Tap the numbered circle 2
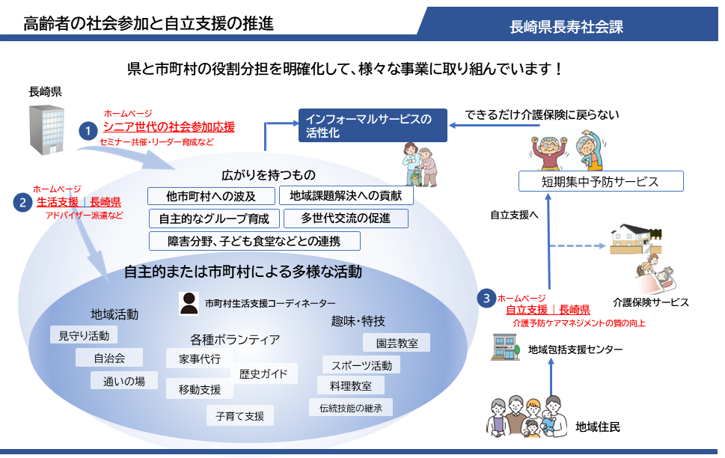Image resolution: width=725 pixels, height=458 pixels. (x=23, y=202)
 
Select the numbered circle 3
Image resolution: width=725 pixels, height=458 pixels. (x=487, y=298)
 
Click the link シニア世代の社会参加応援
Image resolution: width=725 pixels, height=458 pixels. (x=168, y=126)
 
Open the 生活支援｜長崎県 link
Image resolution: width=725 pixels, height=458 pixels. (x=79, y=202)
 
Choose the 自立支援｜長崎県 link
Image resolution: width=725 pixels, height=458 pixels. (x=548, y=310)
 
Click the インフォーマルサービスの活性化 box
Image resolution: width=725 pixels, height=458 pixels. (x=372, y=125)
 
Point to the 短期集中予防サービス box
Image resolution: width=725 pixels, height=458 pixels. (x=601, y=181)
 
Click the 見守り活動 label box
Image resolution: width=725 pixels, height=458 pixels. (x=84, y=335)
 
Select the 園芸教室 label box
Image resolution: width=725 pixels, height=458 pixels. (x=396, y=343)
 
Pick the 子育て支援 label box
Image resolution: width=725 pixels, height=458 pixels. (x=239, y=415)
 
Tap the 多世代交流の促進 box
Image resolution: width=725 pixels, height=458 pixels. (x=345, y=219)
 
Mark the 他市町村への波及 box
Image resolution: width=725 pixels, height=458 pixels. (x=211, y=197)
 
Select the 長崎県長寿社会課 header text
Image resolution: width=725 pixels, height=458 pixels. (x=566, y=27)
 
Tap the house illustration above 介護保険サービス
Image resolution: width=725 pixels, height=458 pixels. (x=637, y=239)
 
